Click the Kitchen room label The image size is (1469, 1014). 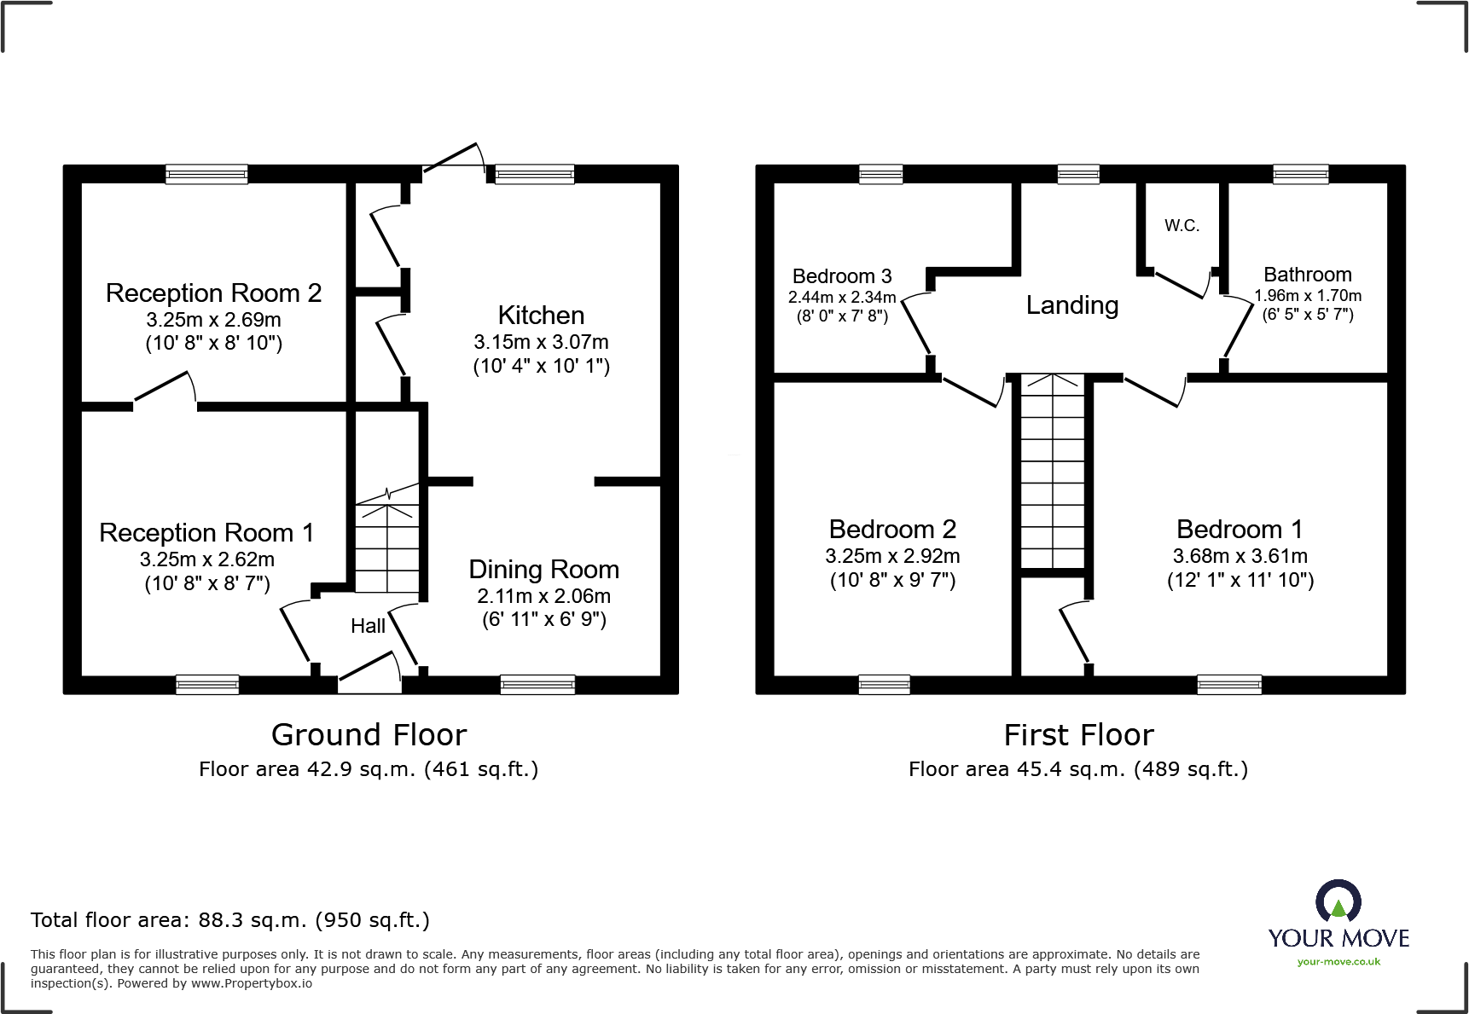coord(541,316)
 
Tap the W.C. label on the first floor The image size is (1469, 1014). coord(1182,226)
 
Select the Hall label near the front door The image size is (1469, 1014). coord(368,626)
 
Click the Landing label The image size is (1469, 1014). coord(1071,305)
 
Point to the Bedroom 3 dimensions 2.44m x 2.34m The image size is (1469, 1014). coord(841,298)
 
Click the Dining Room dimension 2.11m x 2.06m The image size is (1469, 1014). coord(543,596)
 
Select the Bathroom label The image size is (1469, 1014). coord(1307,275)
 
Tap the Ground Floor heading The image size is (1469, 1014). coord(369,735)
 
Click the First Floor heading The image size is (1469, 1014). coord(1078,735)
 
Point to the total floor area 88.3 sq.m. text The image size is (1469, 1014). coord(229,920)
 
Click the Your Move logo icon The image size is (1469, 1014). coord(1338,901)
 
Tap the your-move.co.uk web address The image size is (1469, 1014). coord(1338,962)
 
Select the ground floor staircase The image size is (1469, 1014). coord(387,546)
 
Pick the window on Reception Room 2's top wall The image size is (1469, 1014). coord(206,175)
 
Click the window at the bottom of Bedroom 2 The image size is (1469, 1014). coord(884,684)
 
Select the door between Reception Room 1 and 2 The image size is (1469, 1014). coord(165,391)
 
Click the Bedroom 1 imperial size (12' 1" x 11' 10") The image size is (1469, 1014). coord(1240,581)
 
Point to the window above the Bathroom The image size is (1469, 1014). coord(1300,175)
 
